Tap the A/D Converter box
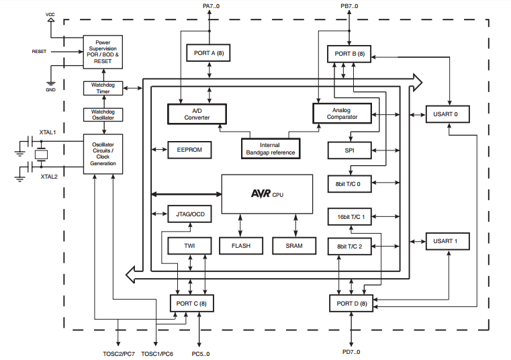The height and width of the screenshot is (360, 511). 197,114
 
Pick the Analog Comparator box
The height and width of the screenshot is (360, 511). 342,114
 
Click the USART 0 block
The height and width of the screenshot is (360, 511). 446,114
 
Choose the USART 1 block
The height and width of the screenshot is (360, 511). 446,240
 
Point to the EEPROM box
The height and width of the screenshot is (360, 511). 189,149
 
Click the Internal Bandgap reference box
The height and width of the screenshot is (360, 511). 270,148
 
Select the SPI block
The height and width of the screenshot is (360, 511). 349,149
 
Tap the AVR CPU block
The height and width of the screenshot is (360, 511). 267,193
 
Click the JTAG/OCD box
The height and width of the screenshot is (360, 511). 189,215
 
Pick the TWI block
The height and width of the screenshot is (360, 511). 189,246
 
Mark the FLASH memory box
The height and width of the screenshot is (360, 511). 241,246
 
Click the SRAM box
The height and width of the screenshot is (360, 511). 293,246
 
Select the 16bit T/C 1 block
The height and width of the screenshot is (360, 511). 349,216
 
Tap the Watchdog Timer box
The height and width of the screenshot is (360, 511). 103,88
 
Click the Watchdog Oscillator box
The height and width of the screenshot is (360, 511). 103,114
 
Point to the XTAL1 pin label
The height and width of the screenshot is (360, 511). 48,132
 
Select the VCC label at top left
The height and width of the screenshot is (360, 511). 51,13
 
